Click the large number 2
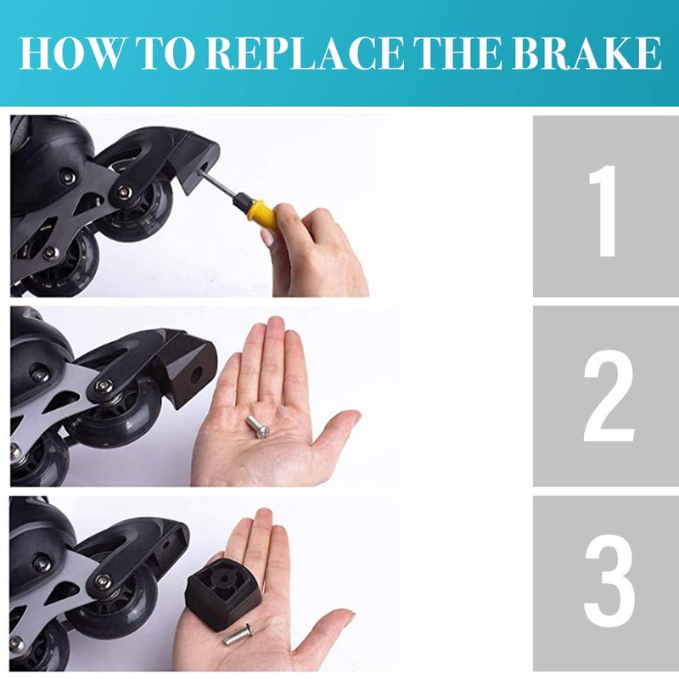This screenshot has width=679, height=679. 608,396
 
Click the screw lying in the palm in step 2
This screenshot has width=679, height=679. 258,427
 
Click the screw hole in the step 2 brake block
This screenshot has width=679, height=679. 197,373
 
